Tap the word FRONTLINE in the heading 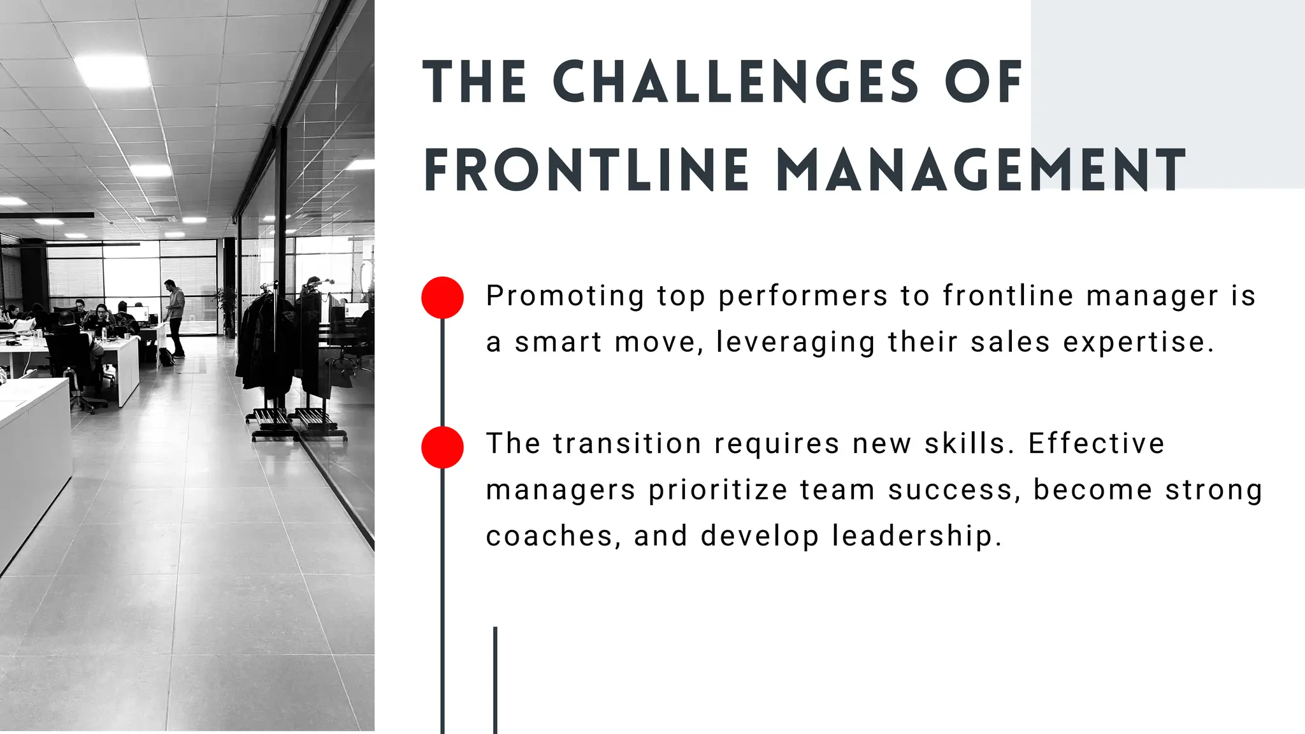tap(586, 170)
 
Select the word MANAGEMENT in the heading tap(981, 170)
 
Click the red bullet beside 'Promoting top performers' tap(442, 298)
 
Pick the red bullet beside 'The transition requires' tap(442, 447)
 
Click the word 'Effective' tap(1096, 443)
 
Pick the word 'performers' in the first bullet tap(803, 296)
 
